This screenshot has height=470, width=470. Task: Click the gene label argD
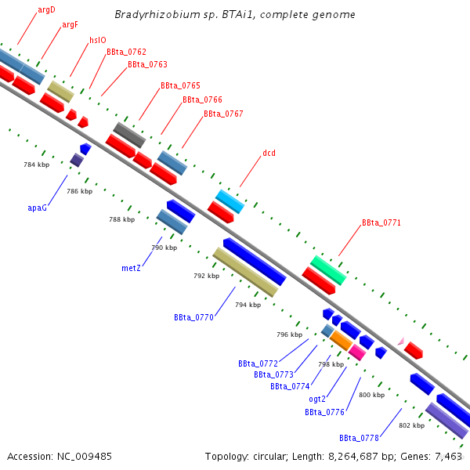pos(46,9)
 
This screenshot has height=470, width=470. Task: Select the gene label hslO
pos(98,40)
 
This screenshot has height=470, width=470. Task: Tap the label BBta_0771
pos(381,223)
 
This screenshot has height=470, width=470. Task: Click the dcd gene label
pos(269,153)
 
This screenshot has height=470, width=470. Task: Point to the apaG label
pos(38,208)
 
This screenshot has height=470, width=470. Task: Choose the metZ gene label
pos(131,268)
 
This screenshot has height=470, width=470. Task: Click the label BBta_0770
pos(193,317)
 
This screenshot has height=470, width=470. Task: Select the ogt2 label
pos(316,399)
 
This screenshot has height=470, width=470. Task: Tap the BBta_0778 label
pos(359,438)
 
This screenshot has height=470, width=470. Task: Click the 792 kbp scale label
pos(206,276)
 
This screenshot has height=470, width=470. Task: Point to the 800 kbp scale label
pos(371,395)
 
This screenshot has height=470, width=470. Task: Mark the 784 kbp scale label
pos(36,164)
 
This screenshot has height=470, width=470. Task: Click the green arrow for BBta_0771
pos(328,269)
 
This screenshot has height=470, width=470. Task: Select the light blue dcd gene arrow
pos(230,201)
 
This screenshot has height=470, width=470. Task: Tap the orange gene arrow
pos(341,339)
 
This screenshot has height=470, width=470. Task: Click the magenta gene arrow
pos(357,352)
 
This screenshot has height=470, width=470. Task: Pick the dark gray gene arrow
pos(129,135)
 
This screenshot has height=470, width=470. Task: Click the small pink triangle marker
pos(400,342)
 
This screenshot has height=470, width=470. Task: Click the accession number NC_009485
pos(60,456)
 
